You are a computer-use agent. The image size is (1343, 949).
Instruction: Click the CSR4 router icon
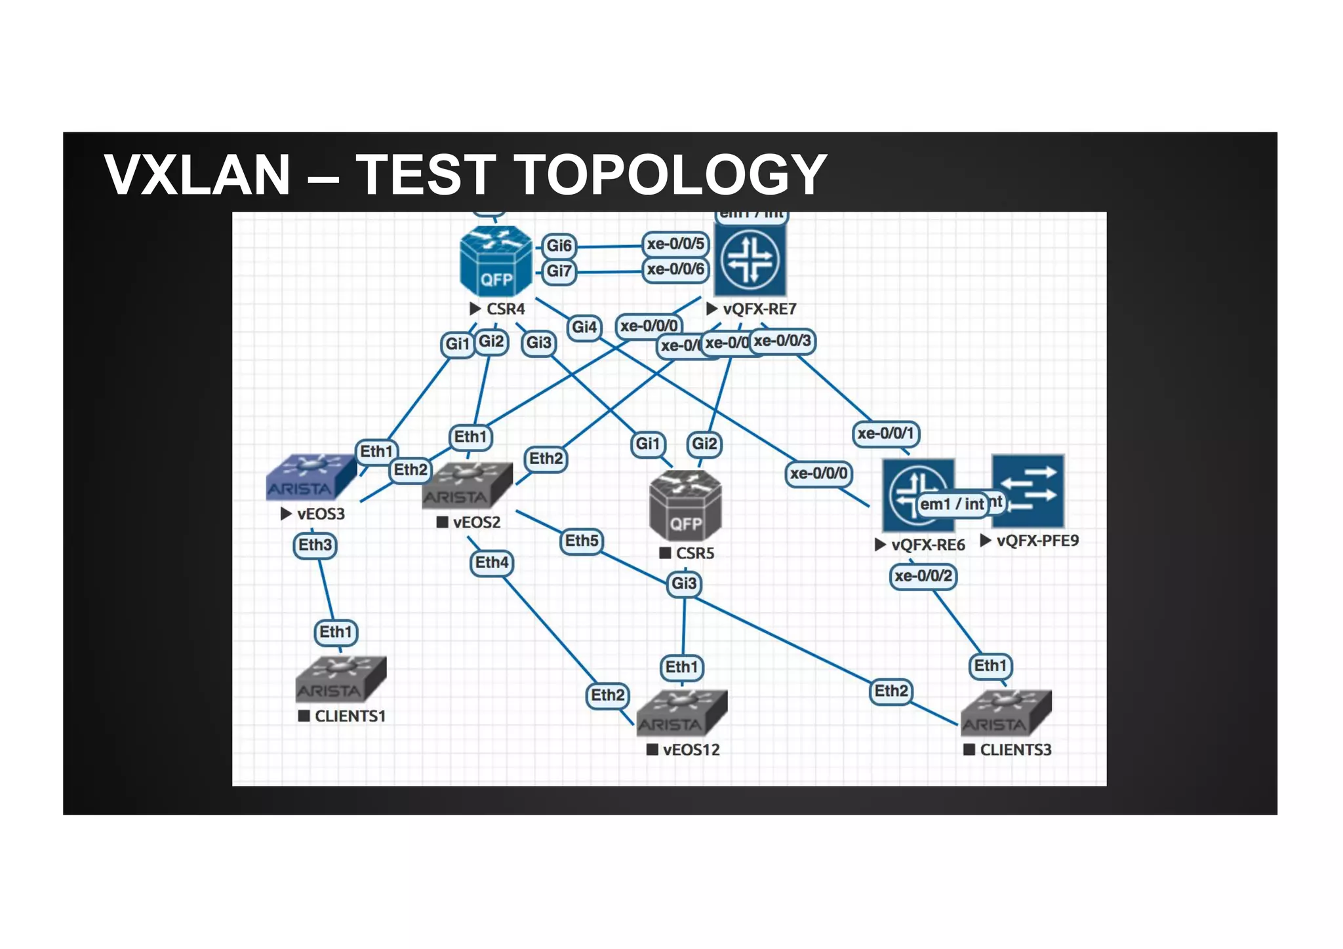496,261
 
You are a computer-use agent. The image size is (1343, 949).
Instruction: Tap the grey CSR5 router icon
685,505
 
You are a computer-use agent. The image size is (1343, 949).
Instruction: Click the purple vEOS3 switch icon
311,477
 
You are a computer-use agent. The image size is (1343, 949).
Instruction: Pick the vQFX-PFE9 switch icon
1028,491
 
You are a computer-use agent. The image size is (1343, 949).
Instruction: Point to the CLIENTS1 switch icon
340,678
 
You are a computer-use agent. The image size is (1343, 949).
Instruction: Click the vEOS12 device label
691,750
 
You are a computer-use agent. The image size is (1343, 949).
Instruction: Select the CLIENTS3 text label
1015,750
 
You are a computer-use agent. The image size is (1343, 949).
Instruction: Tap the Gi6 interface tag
559,246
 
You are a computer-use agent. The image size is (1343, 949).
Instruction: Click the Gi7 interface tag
559,271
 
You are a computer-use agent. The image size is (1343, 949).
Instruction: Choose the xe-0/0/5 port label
675,244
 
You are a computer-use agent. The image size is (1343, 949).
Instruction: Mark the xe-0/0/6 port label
675,269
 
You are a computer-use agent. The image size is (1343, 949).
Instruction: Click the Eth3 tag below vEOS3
315,545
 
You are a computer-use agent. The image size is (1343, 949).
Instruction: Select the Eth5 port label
582,541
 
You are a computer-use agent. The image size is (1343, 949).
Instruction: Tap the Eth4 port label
492,562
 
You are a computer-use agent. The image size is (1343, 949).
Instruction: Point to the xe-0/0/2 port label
923,576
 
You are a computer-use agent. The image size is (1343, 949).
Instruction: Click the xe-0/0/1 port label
885,433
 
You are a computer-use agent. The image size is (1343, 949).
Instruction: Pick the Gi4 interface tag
584,327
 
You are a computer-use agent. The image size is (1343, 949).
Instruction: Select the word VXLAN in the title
197,174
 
